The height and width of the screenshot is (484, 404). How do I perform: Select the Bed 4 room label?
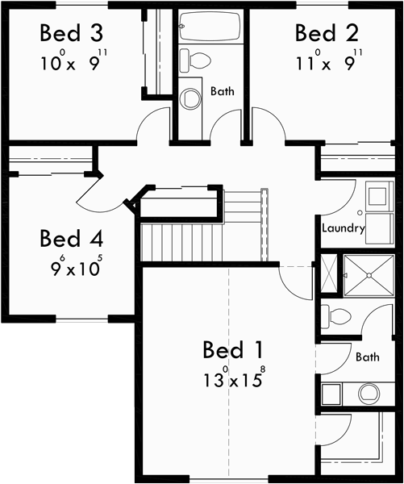(x=72, y=239)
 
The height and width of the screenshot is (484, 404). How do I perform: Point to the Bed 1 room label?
(x=233, y=350)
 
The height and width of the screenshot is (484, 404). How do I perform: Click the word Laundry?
(x=344, y=228)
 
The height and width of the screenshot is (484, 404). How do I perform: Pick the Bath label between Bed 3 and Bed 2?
(x=223, y=91)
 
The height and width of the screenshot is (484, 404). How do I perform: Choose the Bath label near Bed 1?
(x=367, y=356)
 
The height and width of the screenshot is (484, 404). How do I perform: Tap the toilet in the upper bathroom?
(x=194, y=58)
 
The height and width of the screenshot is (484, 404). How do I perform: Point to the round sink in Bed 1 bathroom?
(x=369, y=393)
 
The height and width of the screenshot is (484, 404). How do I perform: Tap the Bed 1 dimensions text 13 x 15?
(x=233, y=379)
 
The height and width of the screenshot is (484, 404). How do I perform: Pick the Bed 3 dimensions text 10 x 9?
(x=72, y=62)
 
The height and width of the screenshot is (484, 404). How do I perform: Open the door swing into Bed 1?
(x=290, y=282)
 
